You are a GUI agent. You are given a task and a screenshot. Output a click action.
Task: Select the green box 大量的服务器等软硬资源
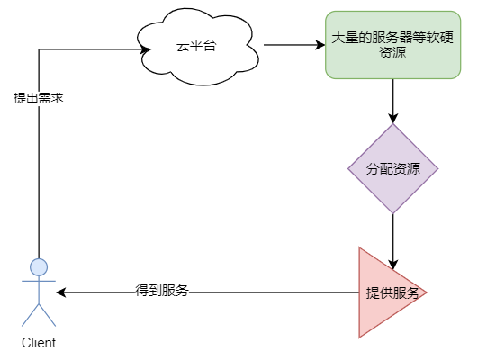(393, 46)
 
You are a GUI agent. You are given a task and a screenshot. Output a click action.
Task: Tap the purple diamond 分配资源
(393, 168)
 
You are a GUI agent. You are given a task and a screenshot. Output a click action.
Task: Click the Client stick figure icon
(39, 292)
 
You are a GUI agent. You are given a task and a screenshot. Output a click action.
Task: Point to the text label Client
(39, 343)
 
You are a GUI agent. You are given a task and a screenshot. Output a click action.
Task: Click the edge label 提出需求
(38, 97)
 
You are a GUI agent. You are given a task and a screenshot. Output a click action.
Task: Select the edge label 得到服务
(162, 292)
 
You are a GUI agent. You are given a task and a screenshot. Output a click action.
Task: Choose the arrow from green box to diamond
(393, 99)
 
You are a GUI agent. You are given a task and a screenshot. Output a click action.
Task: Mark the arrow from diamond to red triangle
(393, 238)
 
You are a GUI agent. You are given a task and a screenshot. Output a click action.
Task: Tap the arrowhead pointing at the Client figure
(61, 292)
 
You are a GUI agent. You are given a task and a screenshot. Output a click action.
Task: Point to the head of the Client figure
(39, 266)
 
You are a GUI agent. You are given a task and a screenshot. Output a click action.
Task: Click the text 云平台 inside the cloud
(196, 46)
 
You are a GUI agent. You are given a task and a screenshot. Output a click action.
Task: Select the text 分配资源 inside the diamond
(393, 168)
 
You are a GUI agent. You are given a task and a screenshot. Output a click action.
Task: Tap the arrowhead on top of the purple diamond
(393, 118)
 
